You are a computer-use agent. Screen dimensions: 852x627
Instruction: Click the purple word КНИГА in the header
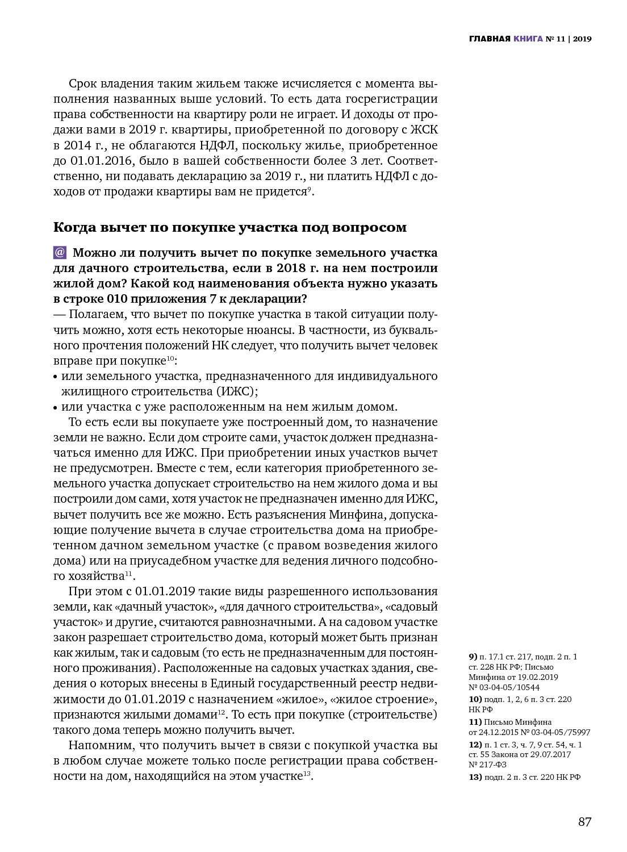[528, 39]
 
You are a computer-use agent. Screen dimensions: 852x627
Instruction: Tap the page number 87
[584, 822]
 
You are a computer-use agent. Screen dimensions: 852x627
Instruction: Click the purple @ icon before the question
[60, 252]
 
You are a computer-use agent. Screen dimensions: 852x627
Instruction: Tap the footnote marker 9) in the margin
[473, 657]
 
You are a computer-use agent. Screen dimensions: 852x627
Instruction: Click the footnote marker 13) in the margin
[475, 777]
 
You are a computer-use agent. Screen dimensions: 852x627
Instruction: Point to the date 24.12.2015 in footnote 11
[499, 733]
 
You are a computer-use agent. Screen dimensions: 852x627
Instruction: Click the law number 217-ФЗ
[492, 765]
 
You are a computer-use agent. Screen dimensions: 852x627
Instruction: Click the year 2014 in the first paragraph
[77, 145]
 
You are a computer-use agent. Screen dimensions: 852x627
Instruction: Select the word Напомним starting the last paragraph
[95, 745]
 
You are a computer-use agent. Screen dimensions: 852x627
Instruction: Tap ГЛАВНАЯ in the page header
[490, 39]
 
